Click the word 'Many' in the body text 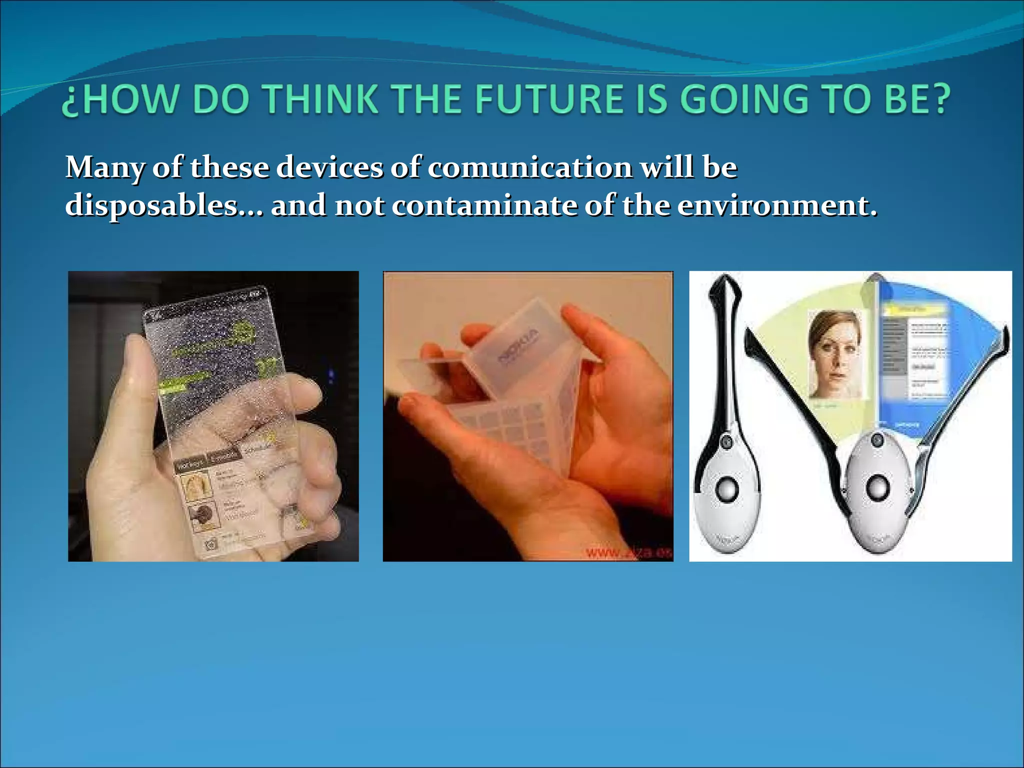[x=105, y=167]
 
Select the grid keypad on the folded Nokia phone [x=505, y=425]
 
